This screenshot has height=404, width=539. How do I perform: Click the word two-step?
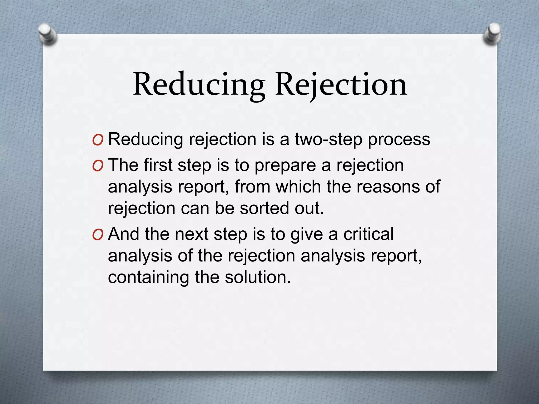[x=328, y=139]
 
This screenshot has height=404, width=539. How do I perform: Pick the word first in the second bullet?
[x=158, y=165]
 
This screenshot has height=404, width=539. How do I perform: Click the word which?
[x=298, y=187]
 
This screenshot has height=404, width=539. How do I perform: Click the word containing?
[x=148, y=277]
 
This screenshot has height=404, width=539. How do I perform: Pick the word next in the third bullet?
[x=192, y=234]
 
